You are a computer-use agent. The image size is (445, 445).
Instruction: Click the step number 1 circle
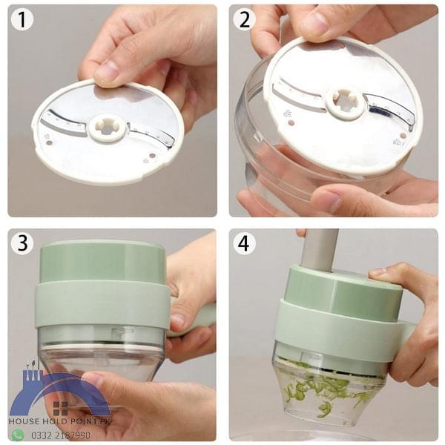22,20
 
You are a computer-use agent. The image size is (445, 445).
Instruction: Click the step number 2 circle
244,20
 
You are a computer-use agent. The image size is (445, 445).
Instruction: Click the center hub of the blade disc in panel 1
107,128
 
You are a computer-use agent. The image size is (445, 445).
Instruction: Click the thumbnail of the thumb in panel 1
107,71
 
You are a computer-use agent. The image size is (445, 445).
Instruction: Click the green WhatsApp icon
17,435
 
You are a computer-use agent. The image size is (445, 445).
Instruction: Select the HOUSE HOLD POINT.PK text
59,421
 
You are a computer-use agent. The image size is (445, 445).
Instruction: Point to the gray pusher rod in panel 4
318,248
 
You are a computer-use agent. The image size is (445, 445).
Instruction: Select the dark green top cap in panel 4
341,286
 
